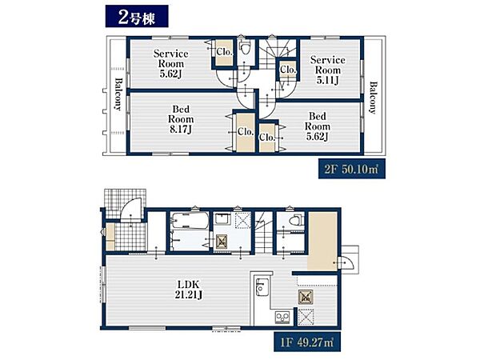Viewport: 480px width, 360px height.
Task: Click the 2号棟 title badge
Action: point(137,17)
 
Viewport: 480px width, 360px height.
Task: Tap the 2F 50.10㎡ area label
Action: point(352,169)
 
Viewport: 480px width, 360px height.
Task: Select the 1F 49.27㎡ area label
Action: point(307,342)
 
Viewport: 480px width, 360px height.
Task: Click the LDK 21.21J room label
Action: point(189,290)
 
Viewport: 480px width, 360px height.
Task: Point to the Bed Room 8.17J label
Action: point(181,119)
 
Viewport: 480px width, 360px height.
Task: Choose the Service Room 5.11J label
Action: point(327,70)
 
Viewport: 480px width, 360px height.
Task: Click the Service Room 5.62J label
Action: point(171,64)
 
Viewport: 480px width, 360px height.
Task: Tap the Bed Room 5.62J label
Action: point(318,126)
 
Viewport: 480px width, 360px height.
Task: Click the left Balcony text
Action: point(118,94)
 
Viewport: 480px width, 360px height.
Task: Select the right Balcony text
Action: point(373,98)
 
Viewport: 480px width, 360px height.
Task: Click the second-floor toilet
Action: point(245,49)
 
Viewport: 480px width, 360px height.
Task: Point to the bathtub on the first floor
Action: point(190,221)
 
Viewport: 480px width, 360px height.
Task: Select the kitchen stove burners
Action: point(282,317)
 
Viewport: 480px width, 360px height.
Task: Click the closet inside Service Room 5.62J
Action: point(224,52)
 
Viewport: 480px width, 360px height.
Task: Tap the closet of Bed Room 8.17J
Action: point(245,132)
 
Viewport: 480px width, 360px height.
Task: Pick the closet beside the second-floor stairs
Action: point(287,70)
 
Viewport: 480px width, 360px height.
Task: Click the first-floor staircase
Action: point(263,232)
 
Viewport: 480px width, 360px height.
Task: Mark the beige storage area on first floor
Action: point(322,241)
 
